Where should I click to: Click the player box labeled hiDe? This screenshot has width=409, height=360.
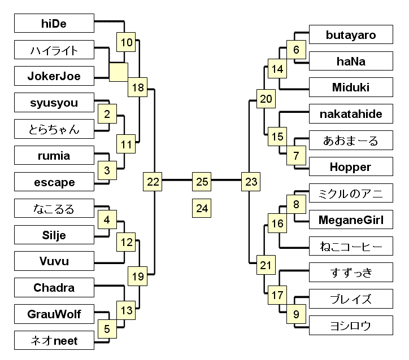pyautogui.click(x=54, y=24)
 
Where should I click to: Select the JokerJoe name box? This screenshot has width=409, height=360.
pyautogui.click(x=54, y=76)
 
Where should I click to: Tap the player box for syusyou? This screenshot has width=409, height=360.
pyautogui.click(x=54, y=103)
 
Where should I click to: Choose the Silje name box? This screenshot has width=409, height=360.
pyautogui.click(x=54, y=235)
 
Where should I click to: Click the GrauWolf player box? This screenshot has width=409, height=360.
pyautogui.click(x=54, y=314)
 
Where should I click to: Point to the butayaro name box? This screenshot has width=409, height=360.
pyautogui.click(x=351, y=35)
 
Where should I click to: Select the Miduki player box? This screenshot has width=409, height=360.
pyautogui.click(x=351, y=87)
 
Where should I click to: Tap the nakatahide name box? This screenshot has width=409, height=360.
pyautogui.click(x=351, y=115)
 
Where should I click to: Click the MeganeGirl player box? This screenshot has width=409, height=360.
pyautogui.click(x=351, y=220)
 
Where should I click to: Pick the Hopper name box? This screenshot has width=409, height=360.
pyautogui.click(x=351, y=167)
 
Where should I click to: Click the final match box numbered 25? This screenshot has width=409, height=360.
pyautogui.click(x=202, y=182)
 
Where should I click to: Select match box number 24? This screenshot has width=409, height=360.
pyautogui.click(x=202, y=208)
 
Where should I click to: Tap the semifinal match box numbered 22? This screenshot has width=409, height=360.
pyautogui.click(x=154, y=182)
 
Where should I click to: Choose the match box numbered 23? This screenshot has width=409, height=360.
pyautogui.click(x=251, y=182)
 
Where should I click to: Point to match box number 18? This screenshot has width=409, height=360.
pyautogui.click(x=138, y=87)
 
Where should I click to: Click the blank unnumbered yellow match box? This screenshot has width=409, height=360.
pyautogui.click(x=119, y=72)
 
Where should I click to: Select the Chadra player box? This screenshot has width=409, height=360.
pyautogui.click(x=54, y=288)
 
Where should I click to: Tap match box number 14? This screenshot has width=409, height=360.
pyautogui.click(x=277, y=69)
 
